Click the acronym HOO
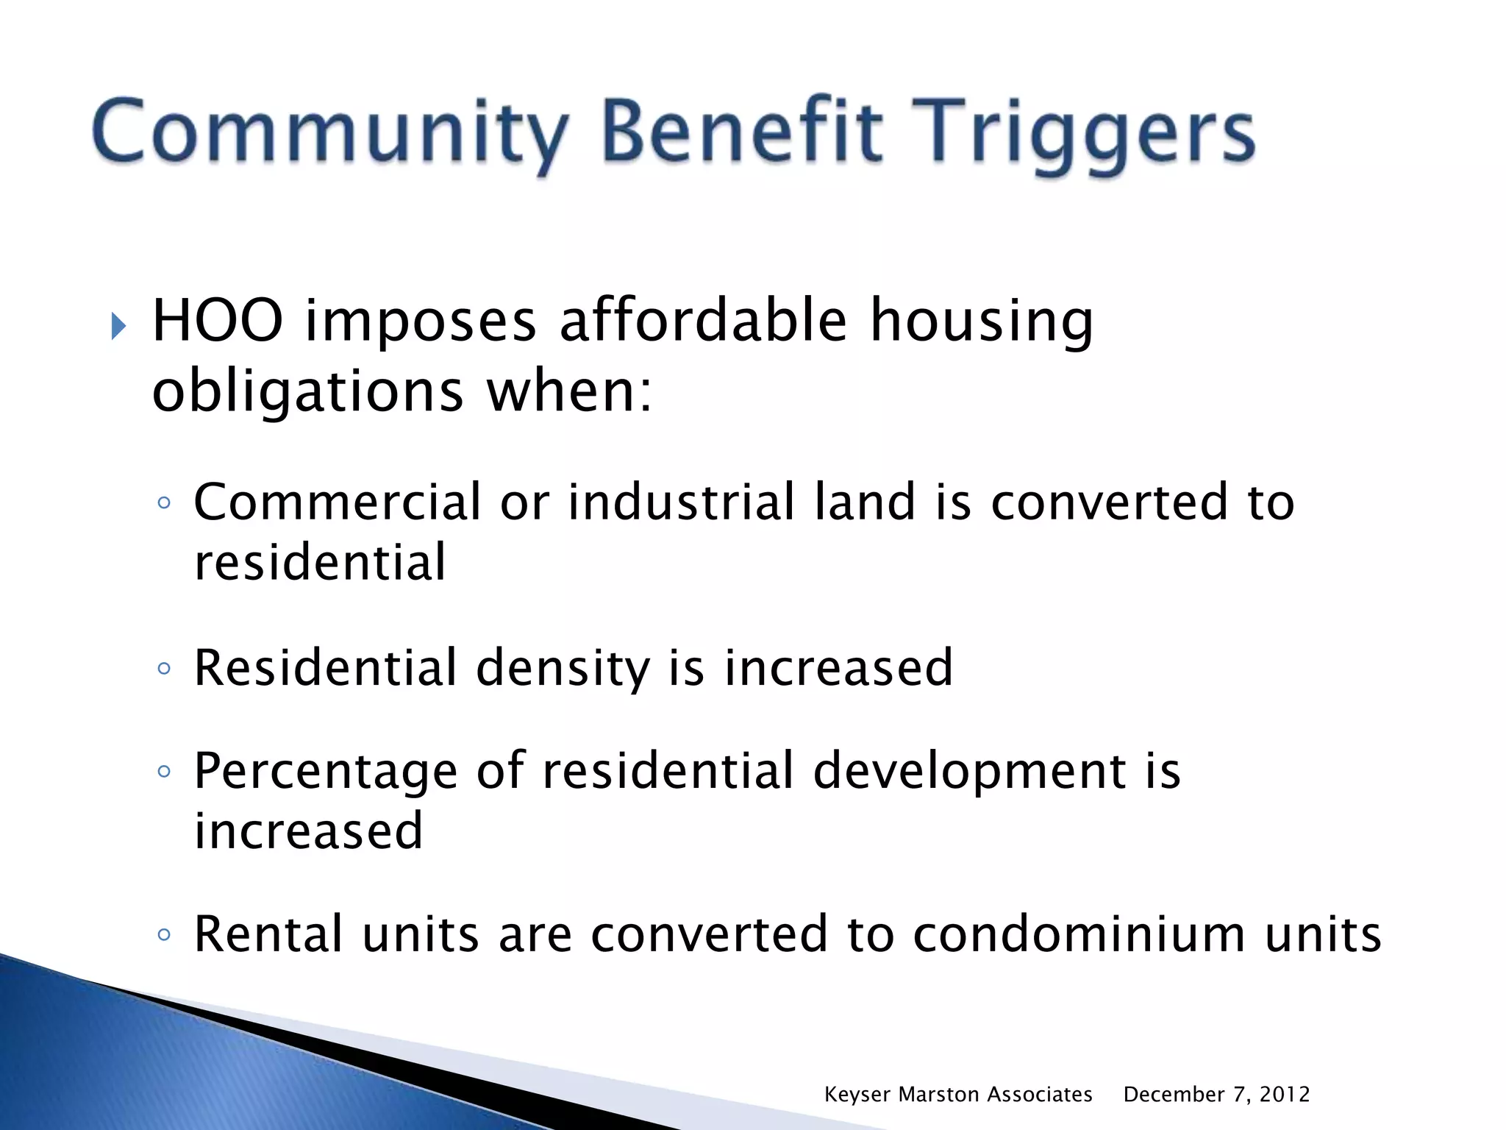[218, 321]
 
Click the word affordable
[703, 321]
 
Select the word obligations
[308, 391]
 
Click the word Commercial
[338, 502]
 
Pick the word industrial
[682, 502]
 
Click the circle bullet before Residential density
[164, 669]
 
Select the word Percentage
[326, 772]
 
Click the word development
[969, 772]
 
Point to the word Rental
[268, 934]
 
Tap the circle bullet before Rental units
[164, 935]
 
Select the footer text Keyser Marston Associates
[957, 1095]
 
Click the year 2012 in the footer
[1284, 1095]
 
